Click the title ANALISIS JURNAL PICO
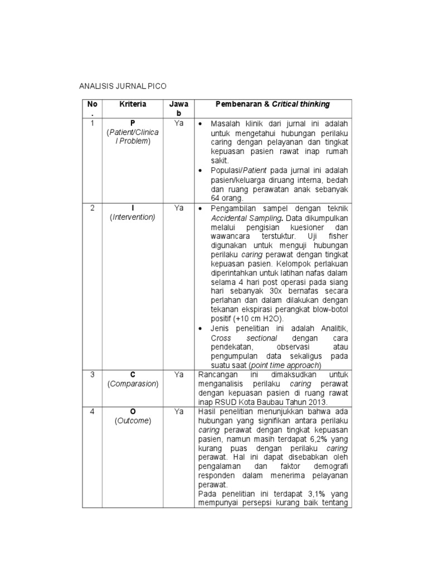click(123, 86)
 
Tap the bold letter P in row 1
click(132, 123)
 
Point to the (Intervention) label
click(132, 217)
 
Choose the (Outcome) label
click(132, 421)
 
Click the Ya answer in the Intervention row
click(178, 207)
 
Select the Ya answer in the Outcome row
click(178, 412)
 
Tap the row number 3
click(93, 374)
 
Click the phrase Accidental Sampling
click(240, 217)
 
